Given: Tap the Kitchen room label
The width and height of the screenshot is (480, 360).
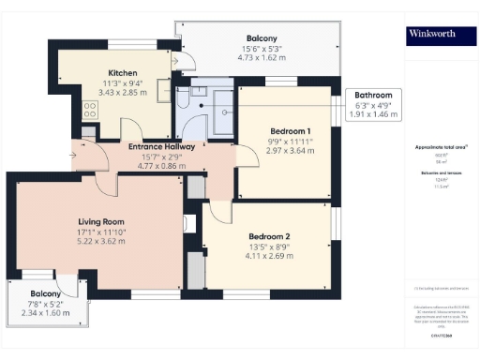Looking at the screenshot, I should tap(123, 72).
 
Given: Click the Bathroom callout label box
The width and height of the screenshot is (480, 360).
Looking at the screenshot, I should tap(373, 104).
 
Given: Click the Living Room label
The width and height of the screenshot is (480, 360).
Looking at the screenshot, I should tap(100, 221).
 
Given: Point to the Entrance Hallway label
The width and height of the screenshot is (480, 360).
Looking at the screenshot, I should tap(161, 146).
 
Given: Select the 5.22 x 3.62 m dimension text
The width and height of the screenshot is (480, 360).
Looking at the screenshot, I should tap(100, 240).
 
